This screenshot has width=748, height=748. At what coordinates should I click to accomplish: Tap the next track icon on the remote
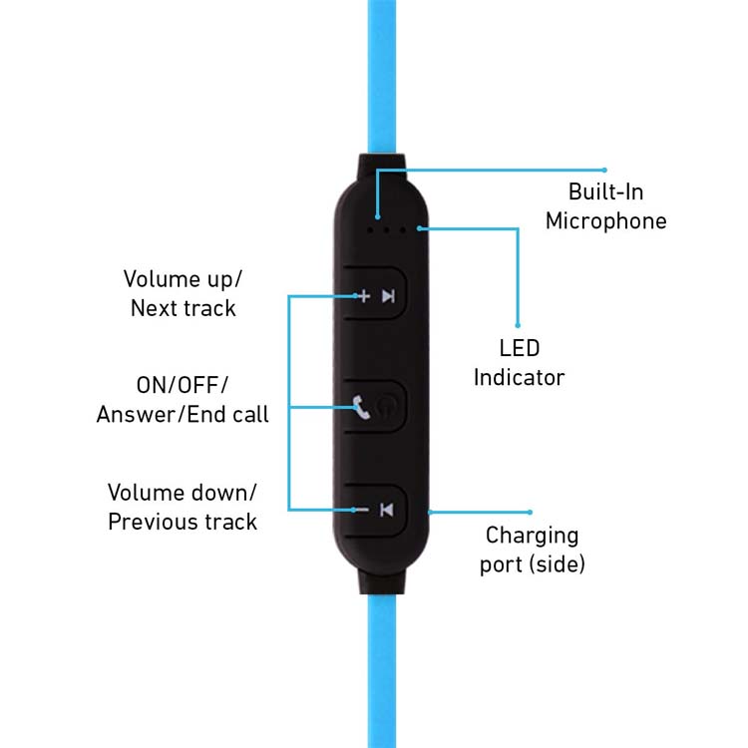pyautogui.click(x=389, y=295)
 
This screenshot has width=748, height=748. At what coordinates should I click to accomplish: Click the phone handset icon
pyautogui.click(x=362, y=407)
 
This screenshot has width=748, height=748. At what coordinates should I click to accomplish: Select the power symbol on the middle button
pyautogui.click(x=388, y=407)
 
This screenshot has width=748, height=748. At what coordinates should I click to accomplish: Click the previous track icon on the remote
pyautogui.click(x=388, y=511)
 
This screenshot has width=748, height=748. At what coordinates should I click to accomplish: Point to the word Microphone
pyautogui.click(x=605, y=220)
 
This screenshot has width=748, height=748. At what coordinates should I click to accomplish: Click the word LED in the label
pyautogui.click(x=520, y=349)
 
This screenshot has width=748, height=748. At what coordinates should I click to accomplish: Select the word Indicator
pyautogui.click(x=519, y=377)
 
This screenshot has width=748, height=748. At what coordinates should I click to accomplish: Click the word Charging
pyautogui.click(x=532, y=536)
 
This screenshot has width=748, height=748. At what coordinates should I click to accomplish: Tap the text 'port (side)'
pyautogui.click(x=532, y=563)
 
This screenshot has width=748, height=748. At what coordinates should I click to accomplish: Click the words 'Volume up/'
pyautogui.click(x=183, y=278)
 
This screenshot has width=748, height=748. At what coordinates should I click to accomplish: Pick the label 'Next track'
pyautogui.click(x=184, y=307)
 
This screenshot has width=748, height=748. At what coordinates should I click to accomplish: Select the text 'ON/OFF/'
pyautogui.click(x=183, y=385)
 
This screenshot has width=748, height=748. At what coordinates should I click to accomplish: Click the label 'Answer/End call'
pyautogui.click(x=183, y=414)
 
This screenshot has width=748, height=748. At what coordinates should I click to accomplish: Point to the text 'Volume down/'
pyautogui.click(x=183, y=493)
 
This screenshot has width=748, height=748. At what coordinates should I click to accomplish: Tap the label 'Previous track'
pyautogui.click(x=183, y=522)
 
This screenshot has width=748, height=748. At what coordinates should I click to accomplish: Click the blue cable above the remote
pyautogui.click(x=384, y=70)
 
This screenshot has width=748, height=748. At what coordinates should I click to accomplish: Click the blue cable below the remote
pyautogui.click(x=384, y=678)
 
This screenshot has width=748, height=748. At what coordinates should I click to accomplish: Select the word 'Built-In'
pyautogui.click(x=605, y=191)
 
